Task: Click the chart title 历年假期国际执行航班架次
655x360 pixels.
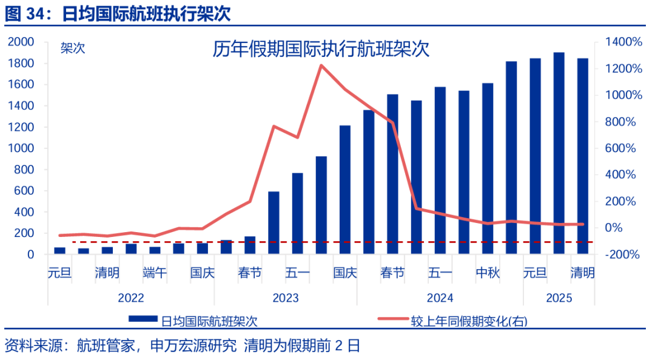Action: tap(321, 49)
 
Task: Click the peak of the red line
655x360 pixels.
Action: tap(321, 65)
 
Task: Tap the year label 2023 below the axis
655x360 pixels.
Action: tap(285, 298)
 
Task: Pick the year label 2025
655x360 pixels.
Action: tap(559, 298)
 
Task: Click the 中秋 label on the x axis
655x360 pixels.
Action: tap(488, 273)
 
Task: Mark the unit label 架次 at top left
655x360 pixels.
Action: tap(73, 49)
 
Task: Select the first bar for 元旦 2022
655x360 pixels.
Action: tap(59, 250)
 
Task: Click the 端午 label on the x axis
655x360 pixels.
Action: tap(155, 273)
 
